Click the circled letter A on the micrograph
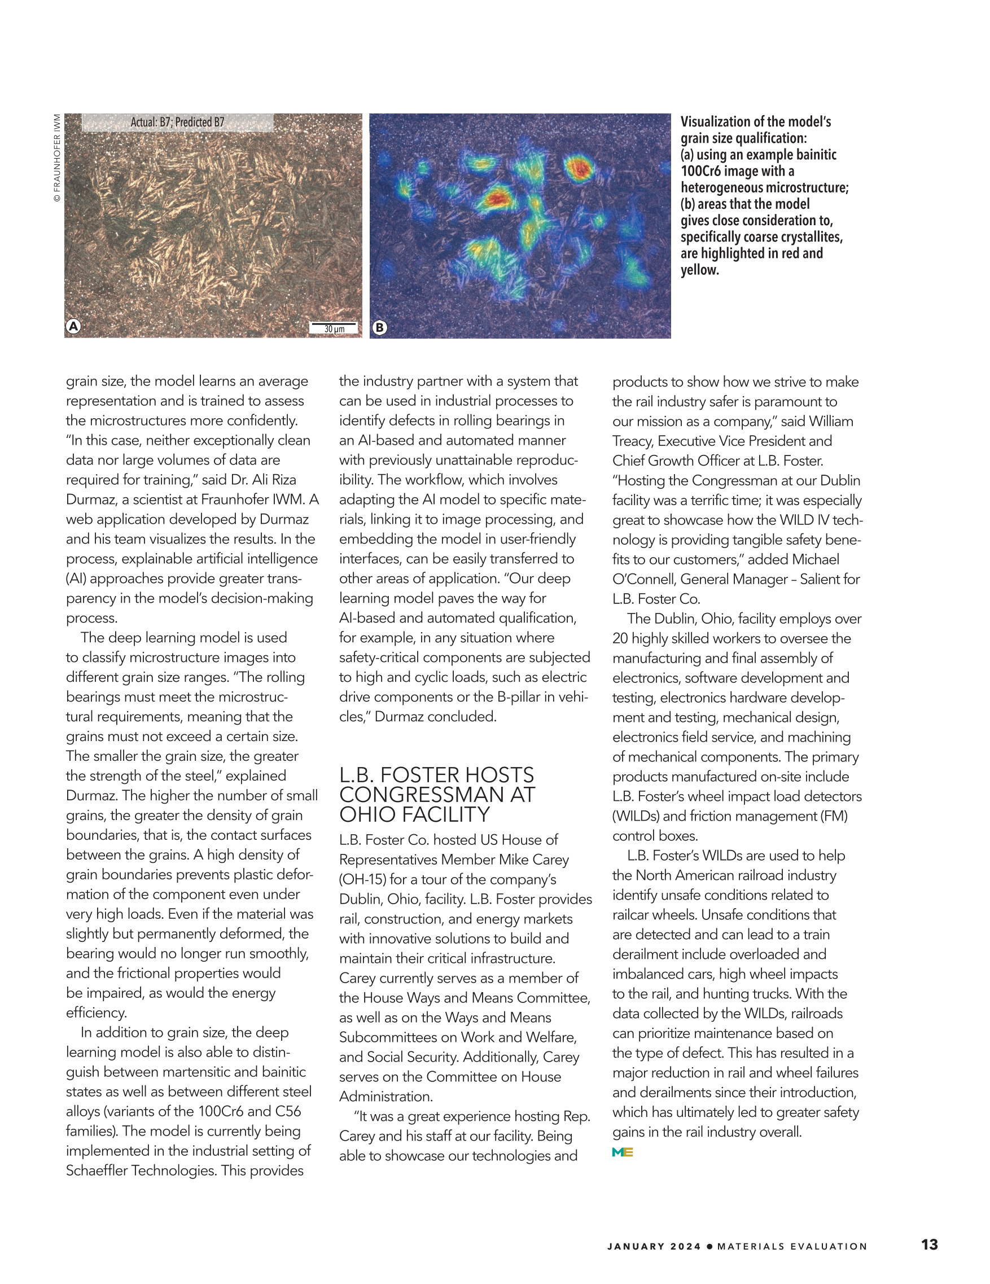click(x=73, y=326)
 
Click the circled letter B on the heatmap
click(x=380, y=327)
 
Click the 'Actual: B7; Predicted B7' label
click(x=177, y=122)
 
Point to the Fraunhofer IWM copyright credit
click(x=57, y=157)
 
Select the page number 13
click(x=930, y=1244)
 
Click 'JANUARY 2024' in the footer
click(x=654, y=1246)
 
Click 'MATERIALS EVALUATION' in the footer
click(x=792, y=1246)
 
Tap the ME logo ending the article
click(x=622, y=1152)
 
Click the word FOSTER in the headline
click(x=437, y=774)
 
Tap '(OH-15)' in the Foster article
click(x=362, y=879)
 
